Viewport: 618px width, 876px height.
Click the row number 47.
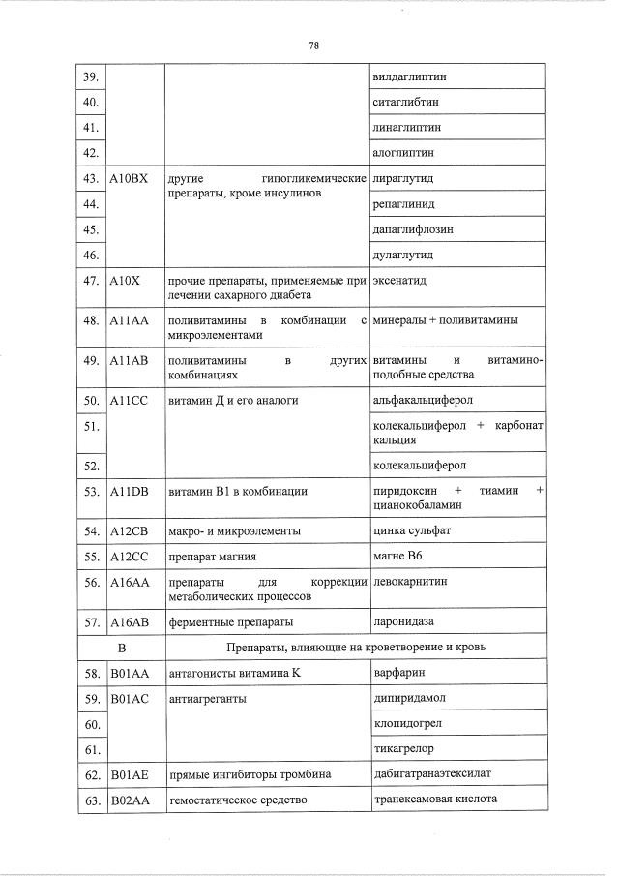93,281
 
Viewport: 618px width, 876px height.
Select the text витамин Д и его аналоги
233,400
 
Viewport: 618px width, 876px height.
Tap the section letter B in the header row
122,646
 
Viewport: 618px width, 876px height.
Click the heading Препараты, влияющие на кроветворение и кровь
355,646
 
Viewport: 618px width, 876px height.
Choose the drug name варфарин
398,672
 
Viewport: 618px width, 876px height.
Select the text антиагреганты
207,698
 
